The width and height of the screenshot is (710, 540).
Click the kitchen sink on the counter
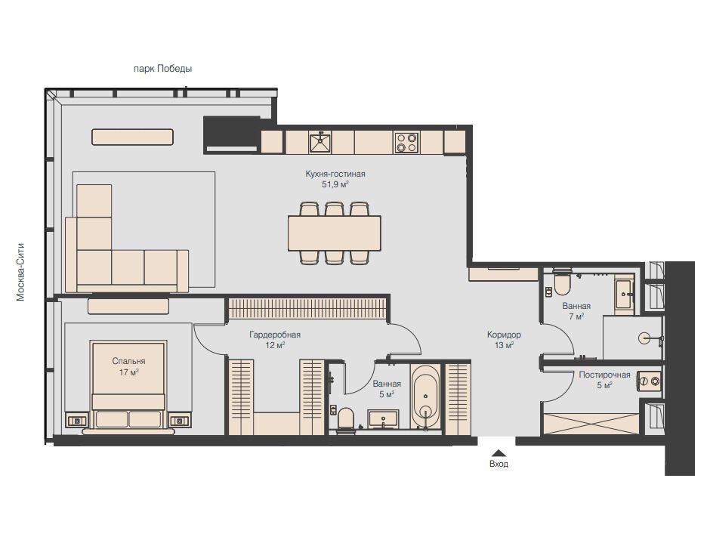coord(320,142)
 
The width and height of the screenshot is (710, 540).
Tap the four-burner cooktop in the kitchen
coord(406,142)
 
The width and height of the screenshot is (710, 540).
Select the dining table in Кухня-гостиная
coord(334,233)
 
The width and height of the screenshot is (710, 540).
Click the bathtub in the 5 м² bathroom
coord(425,397)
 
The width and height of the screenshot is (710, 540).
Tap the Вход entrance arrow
coord(499,452)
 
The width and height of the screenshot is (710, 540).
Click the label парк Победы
coord(162,69)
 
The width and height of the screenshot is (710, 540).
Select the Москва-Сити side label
coord(20,273)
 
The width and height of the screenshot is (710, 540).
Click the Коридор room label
coord(504,335)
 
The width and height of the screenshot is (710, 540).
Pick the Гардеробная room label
coord(275,335)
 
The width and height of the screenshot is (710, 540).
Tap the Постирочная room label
coord(604,375)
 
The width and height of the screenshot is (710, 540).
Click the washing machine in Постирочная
coord(649,381)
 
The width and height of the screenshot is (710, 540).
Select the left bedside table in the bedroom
coord(77,421)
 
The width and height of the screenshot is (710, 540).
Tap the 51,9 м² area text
coord(335,185)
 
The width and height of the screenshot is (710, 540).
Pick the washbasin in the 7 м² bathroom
coord(625,295)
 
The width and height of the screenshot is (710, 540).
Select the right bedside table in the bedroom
coord(181,421)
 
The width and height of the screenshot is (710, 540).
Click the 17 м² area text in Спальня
coord(129,372)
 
